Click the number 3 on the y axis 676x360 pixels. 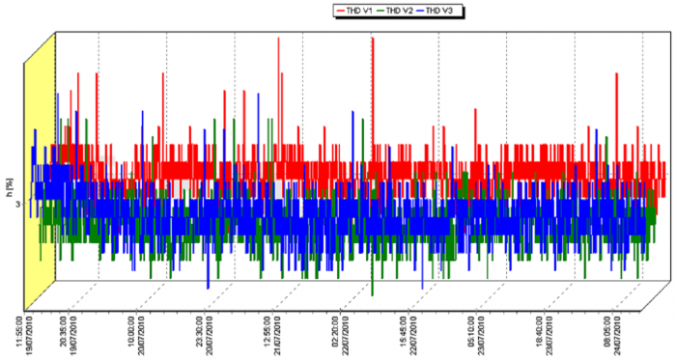pyautogui.click(x=18, y=205)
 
